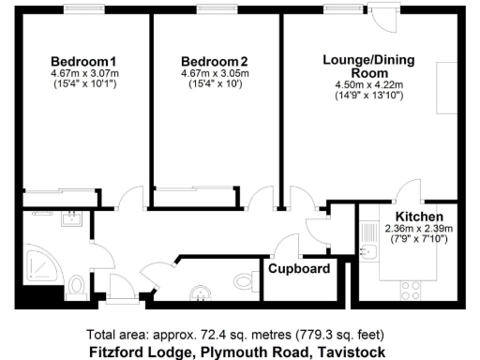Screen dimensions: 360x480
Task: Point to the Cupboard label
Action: [x=300, y=269]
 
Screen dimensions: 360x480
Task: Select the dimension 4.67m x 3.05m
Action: [x=209, y=73]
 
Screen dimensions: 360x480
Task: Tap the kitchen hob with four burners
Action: [x=412, y=287]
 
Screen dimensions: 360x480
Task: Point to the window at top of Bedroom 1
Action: [x=83, y=8]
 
